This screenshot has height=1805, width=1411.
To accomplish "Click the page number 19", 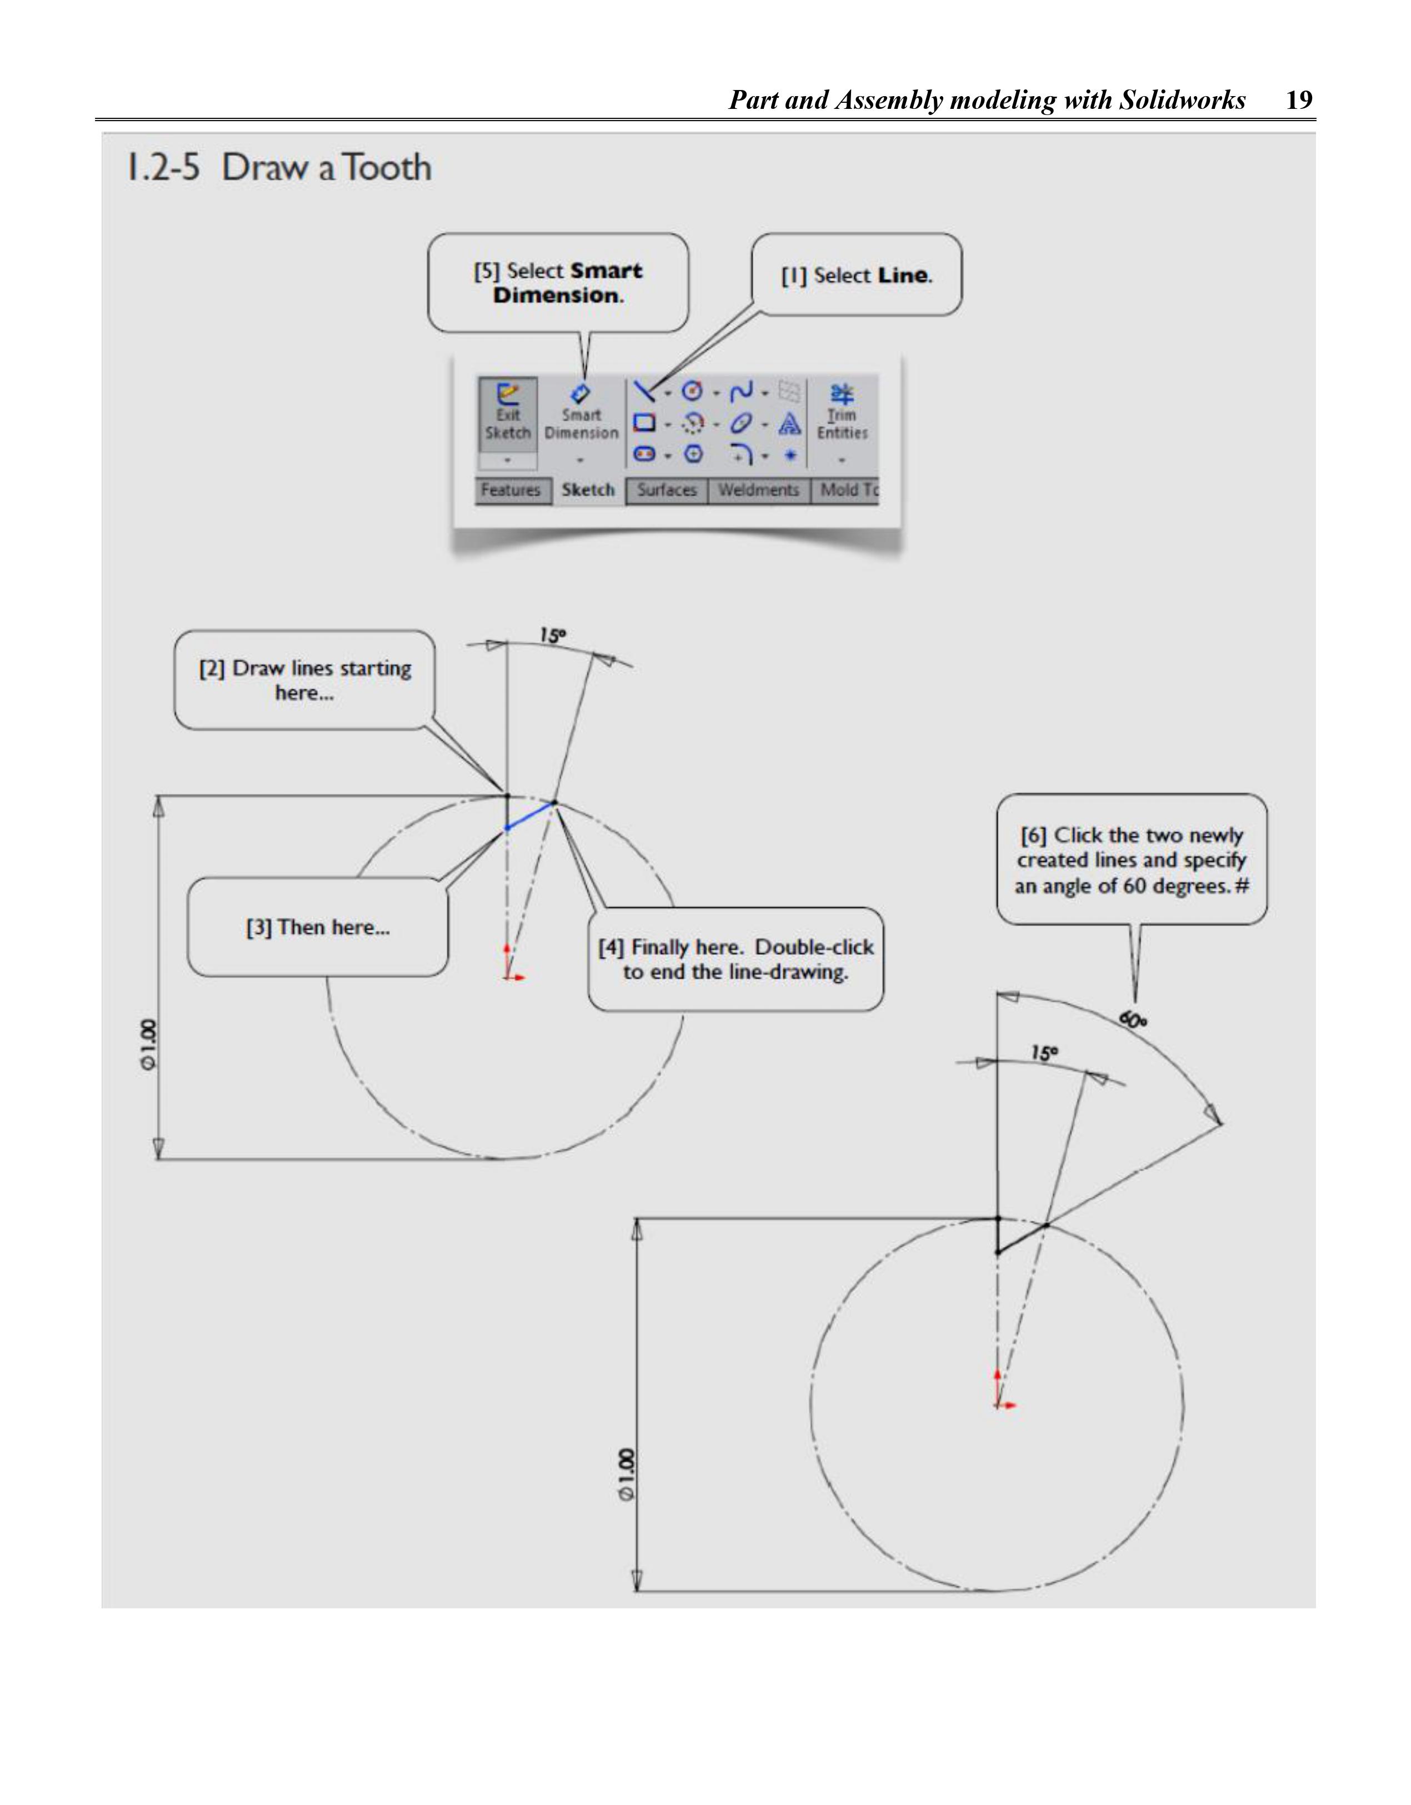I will coord(1299,100).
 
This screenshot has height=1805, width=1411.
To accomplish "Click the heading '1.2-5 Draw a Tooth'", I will coord(278,168).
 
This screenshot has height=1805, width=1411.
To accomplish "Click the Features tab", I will coord(511,490).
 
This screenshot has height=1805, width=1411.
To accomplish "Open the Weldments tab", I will coord(758,490).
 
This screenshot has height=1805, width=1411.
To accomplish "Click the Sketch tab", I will coord(588,490).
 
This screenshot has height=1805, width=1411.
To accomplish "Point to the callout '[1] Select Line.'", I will coord(857,275).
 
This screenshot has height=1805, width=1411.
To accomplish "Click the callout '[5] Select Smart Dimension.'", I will coord(558,283).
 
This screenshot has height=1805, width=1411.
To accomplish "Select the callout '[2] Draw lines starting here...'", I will coord(305,680).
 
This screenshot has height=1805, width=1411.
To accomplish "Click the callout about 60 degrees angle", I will coord(1132,859).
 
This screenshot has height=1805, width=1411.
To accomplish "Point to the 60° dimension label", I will coord(1133,1021).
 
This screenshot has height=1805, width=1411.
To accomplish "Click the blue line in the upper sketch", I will coord(530,815).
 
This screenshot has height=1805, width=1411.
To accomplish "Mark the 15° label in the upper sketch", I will coord(552,636).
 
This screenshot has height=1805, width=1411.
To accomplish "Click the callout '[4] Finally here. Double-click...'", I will coord(735,959).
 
